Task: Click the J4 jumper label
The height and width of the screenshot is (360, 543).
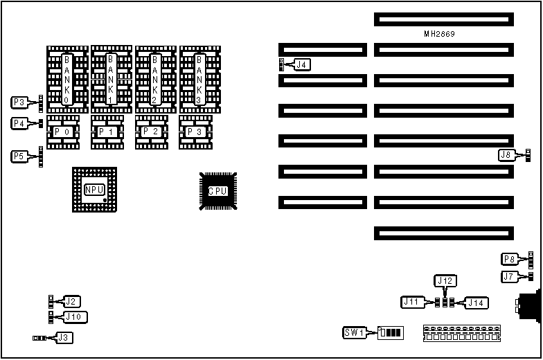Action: pos(303,65)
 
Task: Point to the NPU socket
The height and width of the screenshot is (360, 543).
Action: pos(94,190)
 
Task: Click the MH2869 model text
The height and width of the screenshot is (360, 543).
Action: pos(439,33)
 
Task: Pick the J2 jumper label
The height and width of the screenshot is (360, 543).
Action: pos(71,301)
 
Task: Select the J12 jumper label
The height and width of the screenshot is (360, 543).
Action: pos(445,280)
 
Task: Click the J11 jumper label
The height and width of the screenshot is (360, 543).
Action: pos(412,302)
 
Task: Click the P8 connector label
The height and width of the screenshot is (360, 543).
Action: pos(510,260)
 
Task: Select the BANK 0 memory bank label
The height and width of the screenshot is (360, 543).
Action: pos(66,80)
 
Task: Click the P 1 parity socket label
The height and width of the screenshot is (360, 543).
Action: pos(107,132)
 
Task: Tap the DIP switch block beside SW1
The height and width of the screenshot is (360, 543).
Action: pos(391,332)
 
